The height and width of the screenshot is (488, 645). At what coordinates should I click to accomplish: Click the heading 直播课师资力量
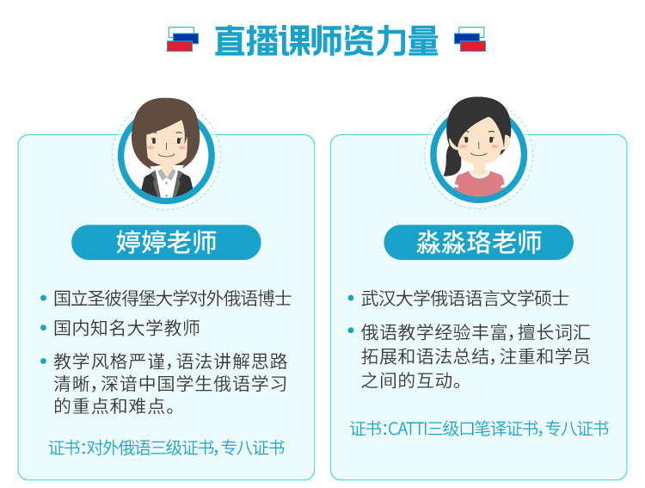pyautogui.click(x=326, y=40)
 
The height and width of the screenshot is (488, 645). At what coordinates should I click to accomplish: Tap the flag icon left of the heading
pyautogui.click(x=182, y=40)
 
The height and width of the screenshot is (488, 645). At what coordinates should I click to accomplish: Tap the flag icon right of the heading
pyautogui.click(x=470, y=40)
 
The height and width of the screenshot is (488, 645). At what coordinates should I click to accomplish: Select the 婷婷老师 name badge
pyautogui.click(x=166, y=242)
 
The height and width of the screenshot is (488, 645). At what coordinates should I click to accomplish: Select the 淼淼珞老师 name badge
pyautogui.click(x=478, y=242)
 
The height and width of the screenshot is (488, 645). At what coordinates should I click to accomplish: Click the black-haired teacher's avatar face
pyautogui.click(x=479, y=142)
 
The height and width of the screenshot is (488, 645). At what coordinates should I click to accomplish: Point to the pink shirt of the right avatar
pyautogui.click(x=479, y=183)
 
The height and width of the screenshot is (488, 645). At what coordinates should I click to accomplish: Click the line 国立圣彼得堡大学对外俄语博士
pyautogui.click(x=172, y=299)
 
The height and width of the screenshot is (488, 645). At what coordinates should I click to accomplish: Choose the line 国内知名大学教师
pyautogui.click(x=126, y=328)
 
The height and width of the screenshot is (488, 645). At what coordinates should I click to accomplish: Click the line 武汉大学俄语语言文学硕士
pyautogui.click(x=464, y=299)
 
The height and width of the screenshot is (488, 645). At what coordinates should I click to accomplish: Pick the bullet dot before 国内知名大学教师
pyautogui.click(x=43, y=328)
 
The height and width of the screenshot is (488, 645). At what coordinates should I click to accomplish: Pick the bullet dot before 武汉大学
pyautogui.click(x=351, y=298)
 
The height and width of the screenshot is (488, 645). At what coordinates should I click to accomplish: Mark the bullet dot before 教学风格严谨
pyautogui.click(x=43, y=361)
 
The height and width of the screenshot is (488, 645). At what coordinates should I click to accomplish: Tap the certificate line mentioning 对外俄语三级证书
pyautogui.click(x=167, y=448)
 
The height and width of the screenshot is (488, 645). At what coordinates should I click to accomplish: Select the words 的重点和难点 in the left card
pyautogui.click(x=109, y=406)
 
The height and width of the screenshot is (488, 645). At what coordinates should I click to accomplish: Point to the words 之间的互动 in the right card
pyautogui.click(x=407, y=380)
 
